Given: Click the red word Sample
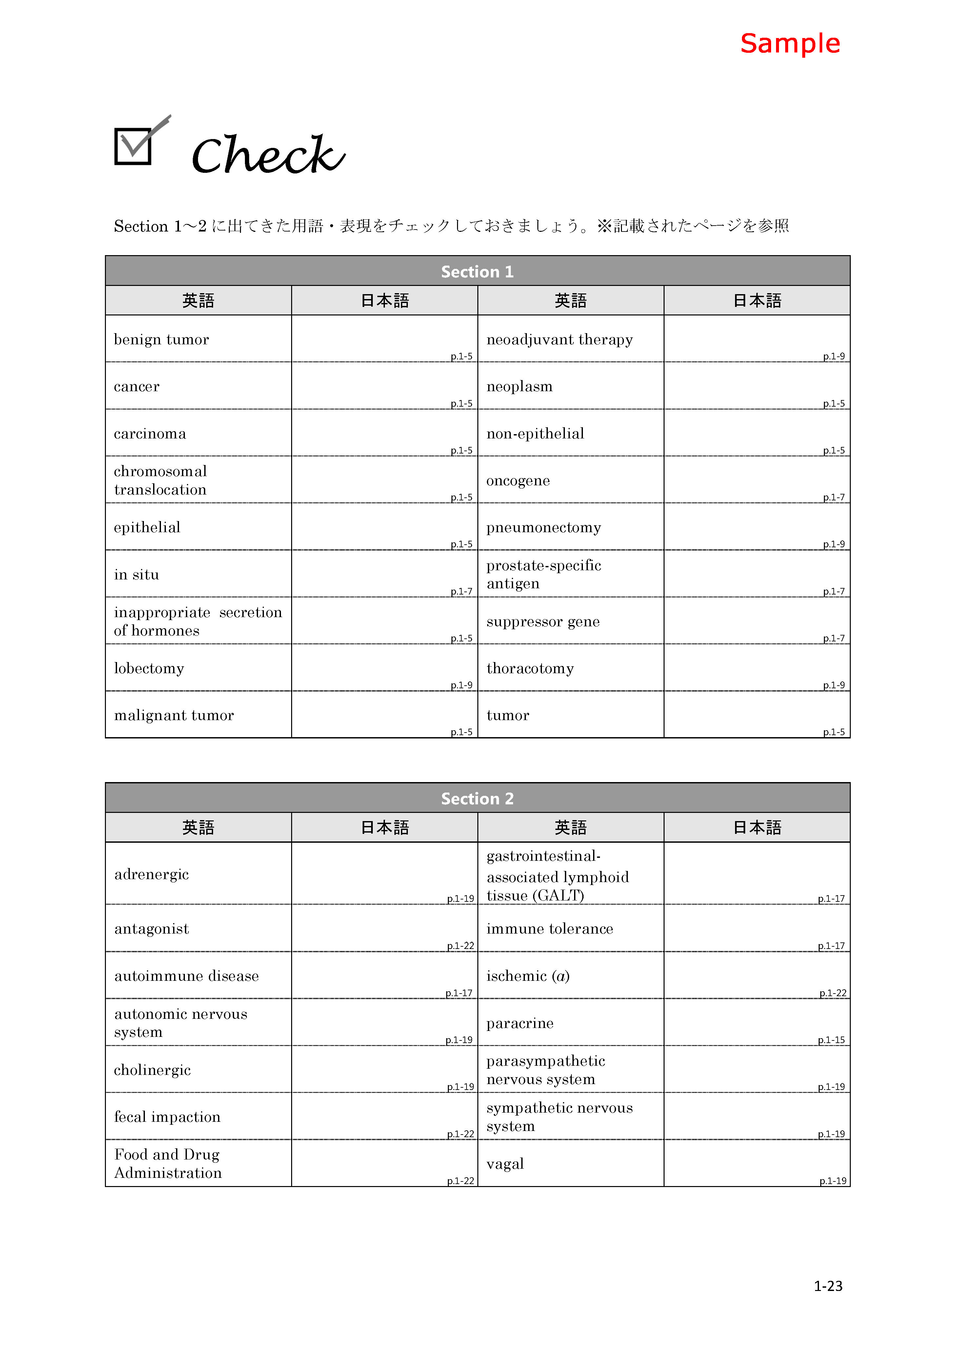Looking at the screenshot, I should coord(790,44).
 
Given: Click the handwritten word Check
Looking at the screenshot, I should coord(268,154).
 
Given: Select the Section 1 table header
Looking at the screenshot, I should coord(477,271).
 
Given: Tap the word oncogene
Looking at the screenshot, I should coord(518,480).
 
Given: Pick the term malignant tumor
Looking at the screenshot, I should coord(174,715).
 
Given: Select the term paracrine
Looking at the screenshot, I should coord(520,1023).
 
